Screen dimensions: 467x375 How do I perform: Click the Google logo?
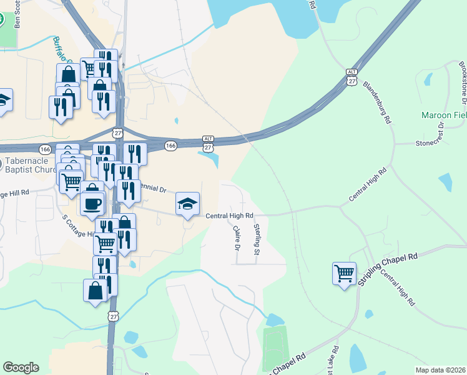[x=21, y=367]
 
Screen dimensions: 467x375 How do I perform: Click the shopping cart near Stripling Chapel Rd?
[x=344, y=273]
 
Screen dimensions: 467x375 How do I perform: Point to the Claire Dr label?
[x=237, y=238]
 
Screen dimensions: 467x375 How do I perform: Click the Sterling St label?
[x=256, y=239]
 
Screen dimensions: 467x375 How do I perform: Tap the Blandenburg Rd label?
[x=376, y=101]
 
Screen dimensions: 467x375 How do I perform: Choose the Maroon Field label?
[x=444, y=116]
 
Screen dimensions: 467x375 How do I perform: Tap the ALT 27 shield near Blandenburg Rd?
[x=352, y=77]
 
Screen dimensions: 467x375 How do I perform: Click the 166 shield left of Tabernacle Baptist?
[x=45, y=149]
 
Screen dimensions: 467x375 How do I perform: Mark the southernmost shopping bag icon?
[x=95, y=291]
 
